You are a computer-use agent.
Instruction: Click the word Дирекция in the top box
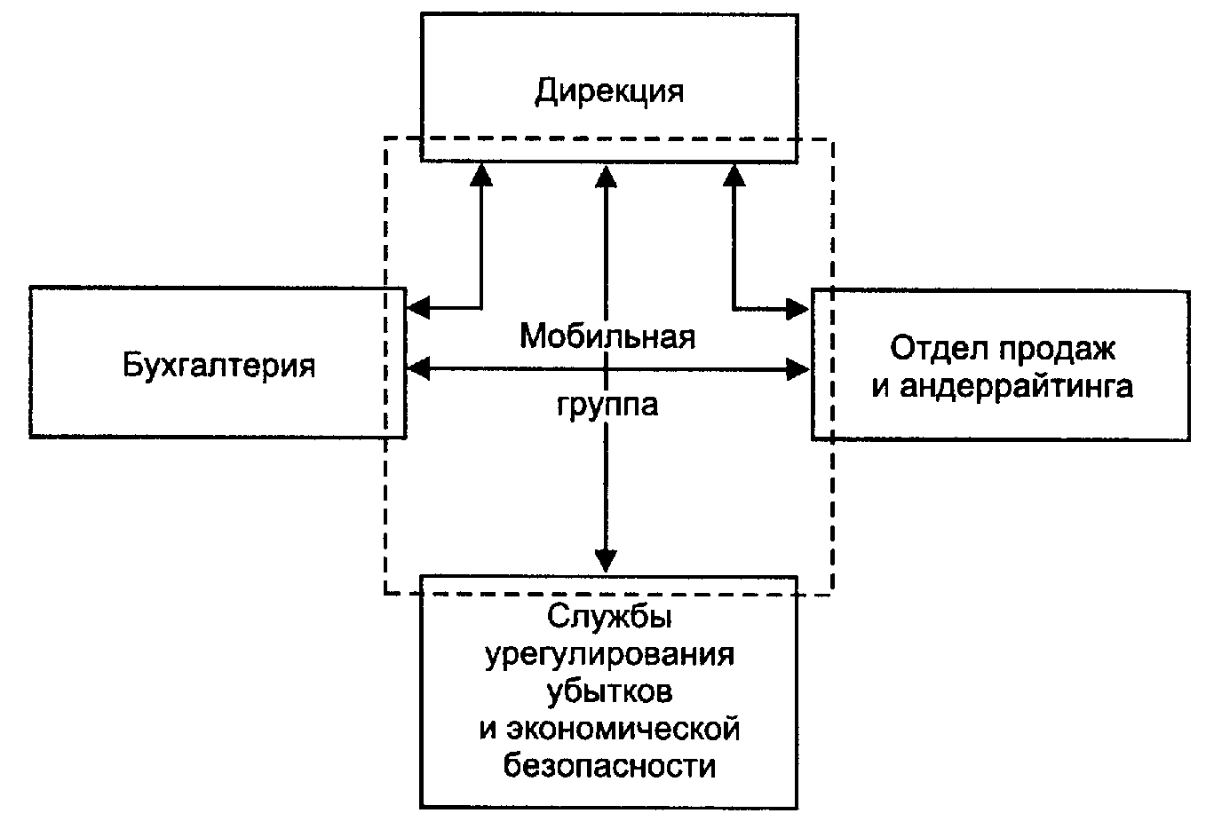tap(609, 91)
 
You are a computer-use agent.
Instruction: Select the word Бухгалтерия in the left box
tap(218, 365)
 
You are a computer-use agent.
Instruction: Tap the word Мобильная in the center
tap(607, 336)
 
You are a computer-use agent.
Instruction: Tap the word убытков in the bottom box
tap(609, 691)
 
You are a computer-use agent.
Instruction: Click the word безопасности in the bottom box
tap(609, 764)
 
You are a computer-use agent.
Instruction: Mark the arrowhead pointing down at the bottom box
tap(606, 560)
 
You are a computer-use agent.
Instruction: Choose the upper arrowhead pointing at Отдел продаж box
tap(797, 309)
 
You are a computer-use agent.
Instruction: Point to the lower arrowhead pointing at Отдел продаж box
tap(797, 367)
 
